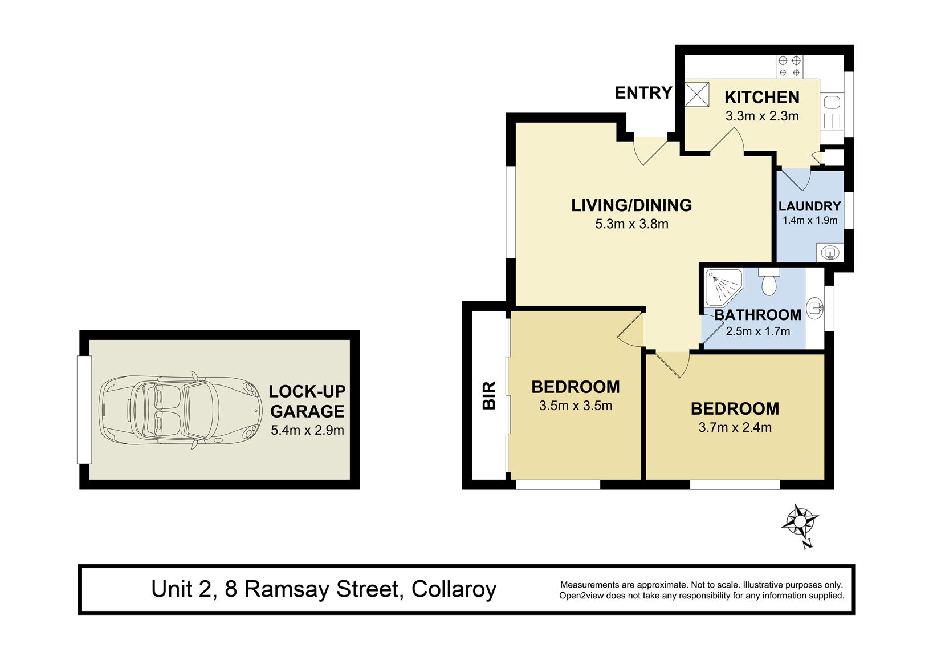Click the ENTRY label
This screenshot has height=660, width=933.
point(643,92)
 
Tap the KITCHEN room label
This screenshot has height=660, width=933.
point(762,97)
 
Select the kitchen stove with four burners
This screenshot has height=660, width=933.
point(789,67)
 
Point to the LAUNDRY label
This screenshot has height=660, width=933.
point(810,206)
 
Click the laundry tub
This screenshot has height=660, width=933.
point(830,252)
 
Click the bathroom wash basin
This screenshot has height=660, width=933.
point(815,309)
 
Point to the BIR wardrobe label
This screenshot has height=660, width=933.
point(489,395)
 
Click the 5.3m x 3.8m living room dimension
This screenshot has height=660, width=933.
point(631,224)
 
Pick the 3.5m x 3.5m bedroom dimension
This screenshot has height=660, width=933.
point(576,405)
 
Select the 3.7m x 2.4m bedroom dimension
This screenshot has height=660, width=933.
point(735,427)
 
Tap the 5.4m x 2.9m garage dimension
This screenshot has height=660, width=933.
point(307,430)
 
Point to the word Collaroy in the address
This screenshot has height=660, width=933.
point(454,589)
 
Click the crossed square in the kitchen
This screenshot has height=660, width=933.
point(697,94)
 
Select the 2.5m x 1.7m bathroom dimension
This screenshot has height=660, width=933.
point(757,331)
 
